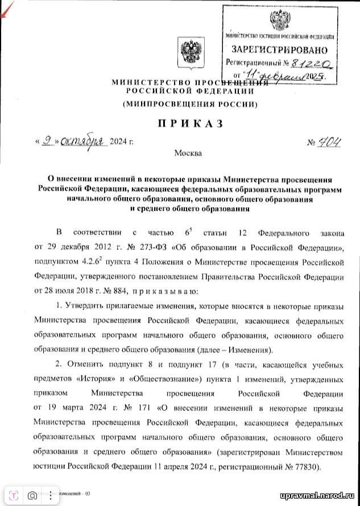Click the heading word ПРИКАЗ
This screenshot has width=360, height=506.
188,124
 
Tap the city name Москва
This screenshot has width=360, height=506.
188,153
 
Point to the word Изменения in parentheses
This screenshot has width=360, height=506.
253,349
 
